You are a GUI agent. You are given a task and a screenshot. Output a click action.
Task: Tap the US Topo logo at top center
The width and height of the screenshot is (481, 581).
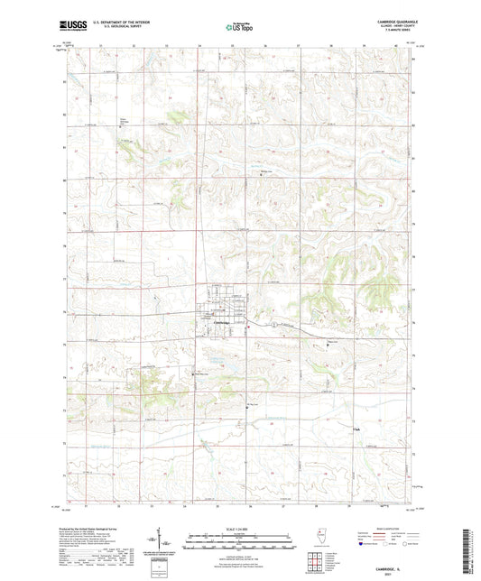(239, 28)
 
